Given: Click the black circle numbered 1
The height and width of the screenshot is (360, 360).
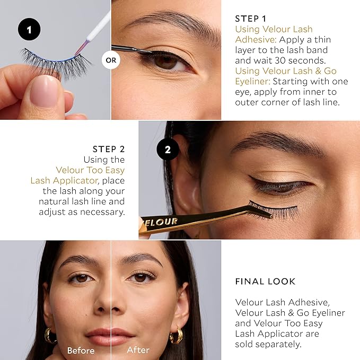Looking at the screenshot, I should (29, 30).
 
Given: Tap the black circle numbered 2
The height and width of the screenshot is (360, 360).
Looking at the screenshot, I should (168, 150).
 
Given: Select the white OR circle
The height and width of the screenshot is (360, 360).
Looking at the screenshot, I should (111, 60).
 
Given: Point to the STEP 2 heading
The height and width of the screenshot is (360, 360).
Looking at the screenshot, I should (109, 149).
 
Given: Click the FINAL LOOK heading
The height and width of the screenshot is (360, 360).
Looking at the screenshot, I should (266, 282).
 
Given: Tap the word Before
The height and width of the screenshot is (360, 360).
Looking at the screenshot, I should (80, 350).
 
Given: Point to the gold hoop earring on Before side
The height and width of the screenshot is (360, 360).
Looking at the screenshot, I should (51, 336).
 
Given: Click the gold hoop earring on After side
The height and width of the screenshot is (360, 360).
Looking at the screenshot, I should (177, 336).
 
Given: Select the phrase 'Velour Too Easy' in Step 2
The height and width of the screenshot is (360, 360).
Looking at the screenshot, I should (90, 170).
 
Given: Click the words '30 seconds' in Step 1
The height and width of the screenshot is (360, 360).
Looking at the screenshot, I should (297, 60).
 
